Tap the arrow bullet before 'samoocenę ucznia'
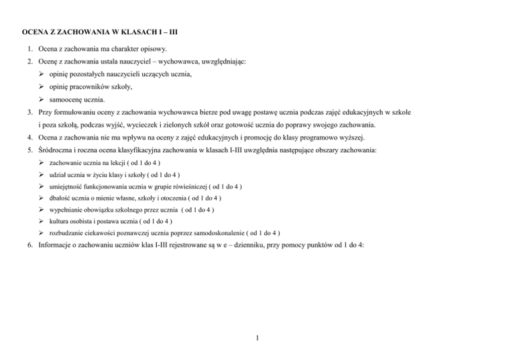click(x=42, y=99)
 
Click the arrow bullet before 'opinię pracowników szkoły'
click(x=42, y=86)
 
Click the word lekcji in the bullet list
click(x=121, y=164)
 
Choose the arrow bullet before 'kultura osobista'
click(x=42, y=221)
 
